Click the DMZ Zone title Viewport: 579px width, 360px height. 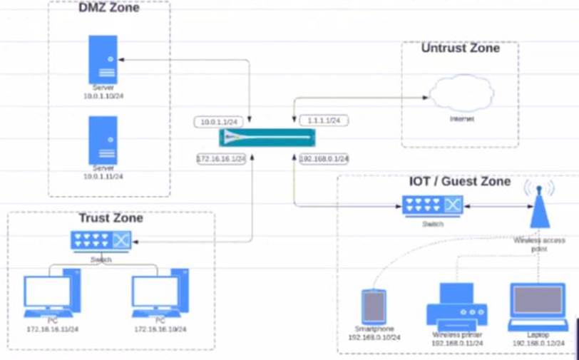pyautogui.click(x=108, y=9)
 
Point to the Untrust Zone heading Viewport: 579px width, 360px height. pyautogui.click(x=460, y=48)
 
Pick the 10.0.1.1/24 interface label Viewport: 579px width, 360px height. pyautogui.click(x=220, y=122)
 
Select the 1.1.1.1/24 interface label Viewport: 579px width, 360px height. pyautogui.click(x=323, y=120)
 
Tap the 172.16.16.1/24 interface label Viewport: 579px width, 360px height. pyautogui.click(x=221, y=158)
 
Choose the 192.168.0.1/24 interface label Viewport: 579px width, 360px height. pyautogui.click(x=324, y=158)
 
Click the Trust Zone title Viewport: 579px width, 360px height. pyautogui.click(x=111, y=218)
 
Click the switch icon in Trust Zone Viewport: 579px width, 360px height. pyautogui.click(x=101, y=242)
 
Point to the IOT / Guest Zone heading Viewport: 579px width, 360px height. pyautogui.click(x=460, y=182)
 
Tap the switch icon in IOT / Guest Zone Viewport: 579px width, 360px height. pyautogui.click(x=432, y=206)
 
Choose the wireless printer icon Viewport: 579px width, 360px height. pyautogui.click(x=456, y=305)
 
